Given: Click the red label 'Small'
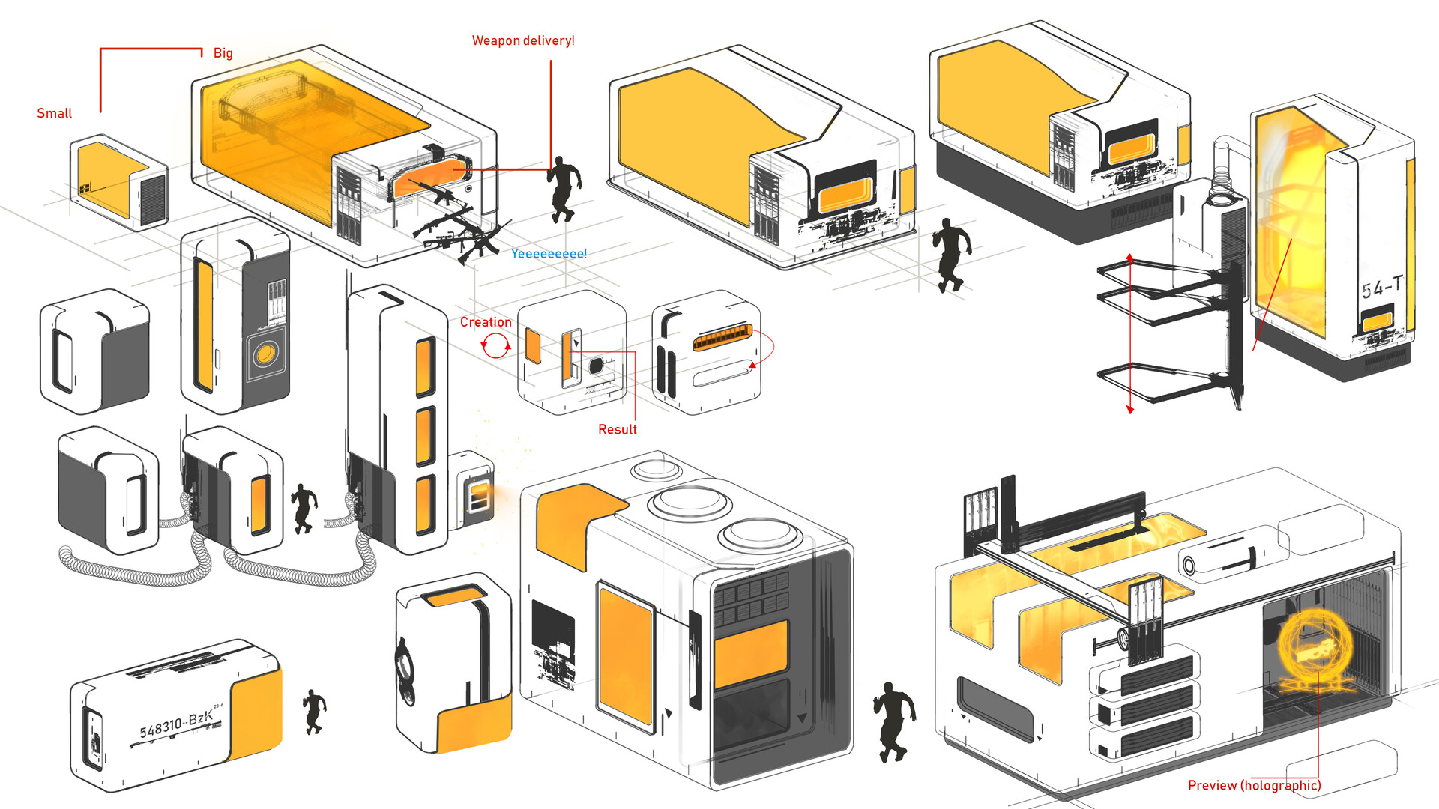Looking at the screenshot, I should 55,113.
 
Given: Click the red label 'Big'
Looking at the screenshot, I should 223,53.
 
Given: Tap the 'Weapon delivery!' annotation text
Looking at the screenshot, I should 523,40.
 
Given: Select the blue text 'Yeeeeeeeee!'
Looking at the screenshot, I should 549,254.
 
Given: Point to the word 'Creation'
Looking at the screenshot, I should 486,322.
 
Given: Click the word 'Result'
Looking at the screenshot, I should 618,429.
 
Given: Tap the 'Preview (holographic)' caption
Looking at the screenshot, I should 1254,785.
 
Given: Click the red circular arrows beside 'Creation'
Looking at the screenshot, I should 495,346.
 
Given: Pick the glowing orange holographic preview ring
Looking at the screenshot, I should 1315,648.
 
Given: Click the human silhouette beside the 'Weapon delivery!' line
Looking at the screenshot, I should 564,190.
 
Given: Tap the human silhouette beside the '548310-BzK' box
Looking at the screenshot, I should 314,712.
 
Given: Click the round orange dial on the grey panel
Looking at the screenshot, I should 265,354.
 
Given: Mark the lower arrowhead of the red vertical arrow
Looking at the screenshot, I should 1130,409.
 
